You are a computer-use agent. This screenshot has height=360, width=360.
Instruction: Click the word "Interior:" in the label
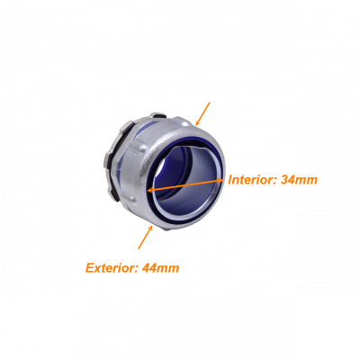click(253, 180)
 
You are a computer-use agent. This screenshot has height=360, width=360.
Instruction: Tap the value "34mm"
click(299, 180)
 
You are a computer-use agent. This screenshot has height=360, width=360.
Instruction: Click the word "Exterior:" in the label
click(112, 267)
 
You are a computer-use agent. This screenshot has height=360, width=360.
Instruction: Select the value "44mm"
click(161, 267)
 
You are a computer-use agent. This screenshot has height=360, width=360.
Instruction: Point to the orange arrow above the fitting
click(202, 113)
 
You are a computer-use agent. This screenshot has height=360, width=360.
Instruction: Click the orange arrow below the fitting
click(146, 237)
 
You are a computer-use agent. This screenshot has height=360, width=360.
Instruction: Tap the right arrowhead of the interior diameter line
click(220, 180)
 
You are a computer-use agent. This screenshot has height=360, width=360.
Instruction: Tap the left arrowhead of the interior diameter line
click(151, 189)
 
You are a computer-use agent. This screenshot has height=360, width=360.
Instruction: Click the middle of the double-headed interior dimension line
click(185, 184)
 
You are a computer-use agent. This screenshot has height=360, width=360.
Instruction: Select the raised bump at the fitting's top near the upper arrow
click(183, 121)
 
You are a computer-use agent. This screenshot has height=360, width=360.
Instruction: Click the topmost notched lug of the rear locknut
click(158, 114)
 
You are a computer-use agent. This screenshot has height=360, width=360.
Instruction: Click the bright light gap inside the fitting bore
click(163, 165)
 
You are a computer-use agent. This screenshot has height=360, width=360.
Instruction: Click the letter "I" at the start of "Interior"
click(230, 180)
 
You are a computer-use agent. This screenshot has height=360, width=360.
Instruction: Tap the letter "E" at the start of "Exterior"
click(90, 267)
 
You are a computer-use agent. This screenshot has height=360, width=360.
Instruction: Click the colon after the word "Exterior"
click(136, 269)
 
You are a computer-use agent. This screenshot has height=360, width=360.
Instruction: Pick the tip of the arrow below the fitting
click(153, 225)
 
